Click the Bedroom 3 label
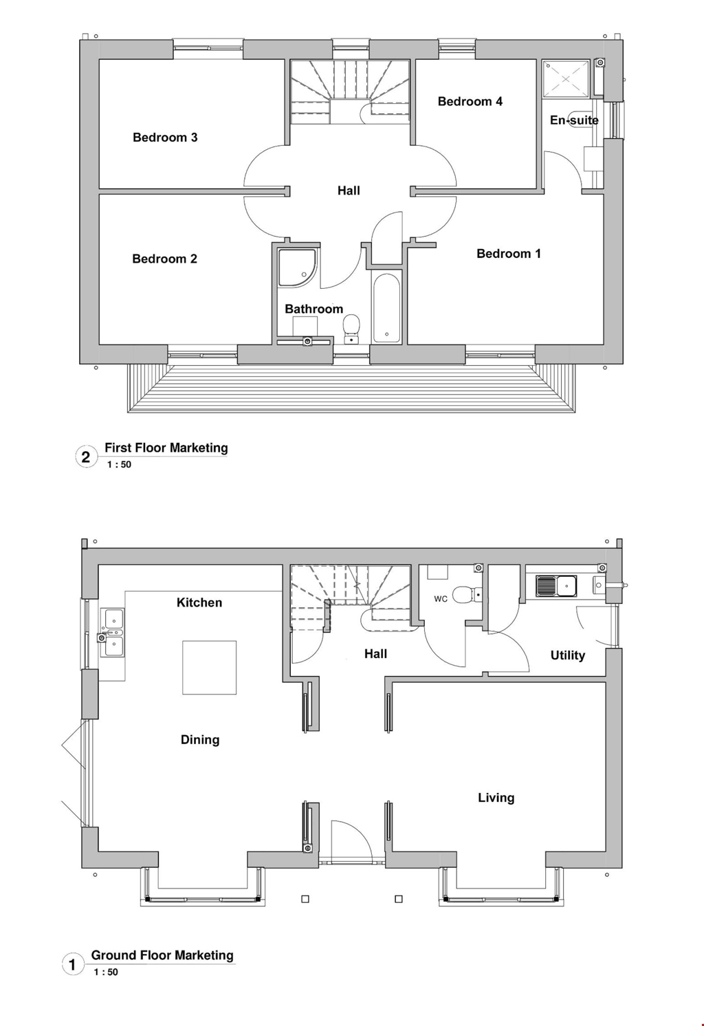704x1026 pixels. (165, 138)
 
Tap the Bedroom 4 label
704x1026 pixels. (470, 102)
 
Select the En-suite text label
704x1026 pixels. (574, 120)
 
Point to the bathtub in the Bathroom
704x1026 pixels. (386, 308)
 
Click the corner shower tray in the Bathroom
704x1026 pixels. (296, 267)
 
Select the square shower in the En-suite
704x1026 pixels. (566, 78)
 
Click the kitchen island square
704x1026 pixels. (209, 667)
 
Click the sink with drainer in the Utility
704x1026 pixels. (556, 586)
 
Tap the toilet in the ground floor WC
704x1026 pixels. (467, 593)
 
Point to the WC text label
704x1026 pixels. (441, 599)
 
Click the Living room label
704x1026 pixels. (496, 798)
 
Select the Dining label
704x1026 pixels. (200, 740)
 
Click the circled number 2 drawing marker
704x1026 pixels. (86, 457)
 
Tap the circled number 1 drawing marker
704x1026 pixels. (73, 964)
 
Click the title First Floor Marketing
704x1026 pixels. (166, 448)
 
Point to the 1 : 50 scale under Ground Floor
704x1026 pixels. (106, 972)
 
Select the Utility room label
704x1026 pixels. (567, 655)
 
